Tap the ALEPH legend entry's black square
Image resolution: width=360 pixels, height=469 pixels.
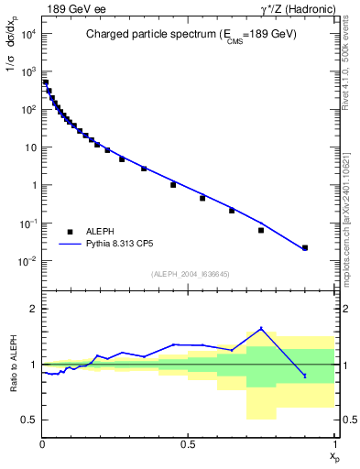(70, 233)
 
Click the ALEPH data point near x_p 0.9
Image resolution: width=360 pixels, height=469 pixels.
(305, 247)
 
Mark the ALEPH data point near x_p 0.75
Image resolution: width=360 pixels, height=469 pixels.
(261, 230)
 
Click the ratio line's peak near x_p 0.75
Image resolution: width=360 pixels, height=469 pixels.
(261, 328)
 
